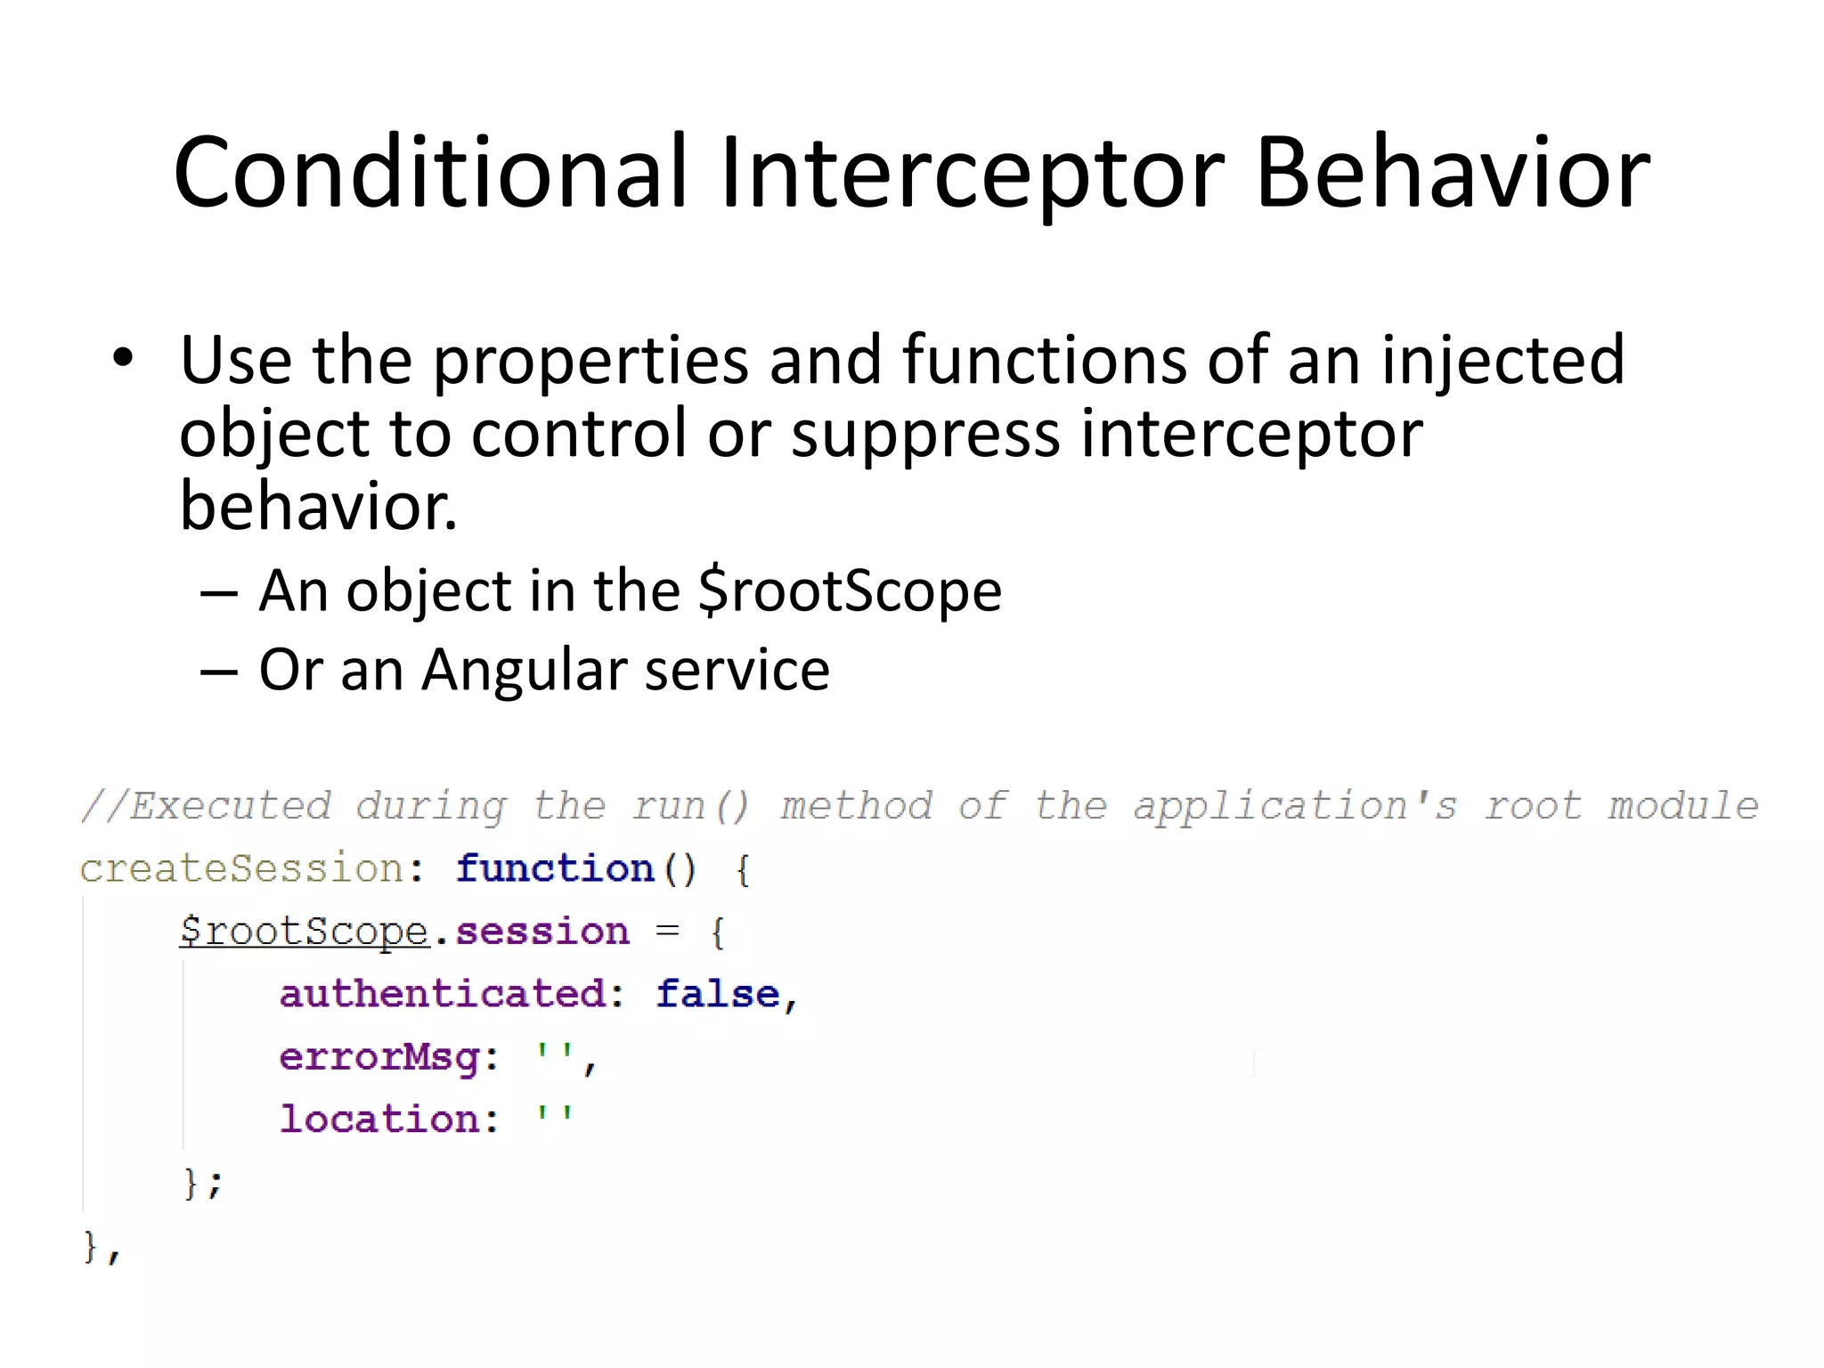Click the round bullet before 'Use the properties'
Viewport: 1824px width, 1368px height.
[x=123, y=359]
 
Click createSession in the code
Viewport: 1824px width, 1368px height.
[x=241, y=868]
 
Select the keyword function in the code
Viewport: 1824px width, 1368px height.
[x=555, y=868]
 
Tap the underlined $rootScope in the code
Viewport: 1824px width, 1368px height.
[x=304, y=932]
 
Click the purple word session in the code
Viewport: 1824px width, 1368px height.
[x=541, y=932]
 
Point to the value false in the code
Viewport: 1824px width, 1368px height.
[x=718, y=994]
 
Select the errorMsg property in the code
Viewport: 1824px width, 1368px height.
[x=379, y=1058]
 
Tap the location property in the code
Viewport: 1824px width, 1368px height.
[x=379, y=1120]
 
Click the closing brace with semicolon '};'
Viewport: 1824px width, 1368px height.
[x=203, y=1184]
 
